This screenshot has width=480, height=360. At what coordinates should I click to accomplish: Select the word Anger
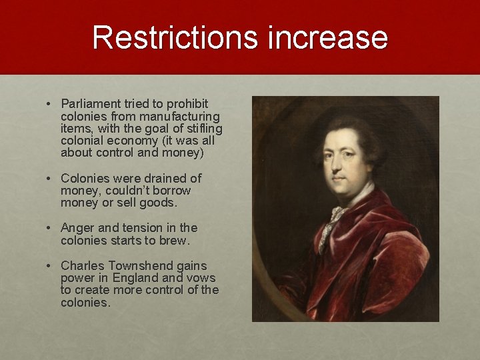click(x=77, y=227)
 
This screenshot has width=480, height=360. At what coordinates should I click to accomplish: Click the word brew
click(x=174, y=239)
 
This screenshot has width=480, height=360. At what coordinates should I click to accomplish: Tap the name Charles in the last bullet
click(x=83, y=265)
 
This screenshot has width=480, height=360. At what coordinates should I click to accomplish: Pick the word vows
click(x=200, y=277)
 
